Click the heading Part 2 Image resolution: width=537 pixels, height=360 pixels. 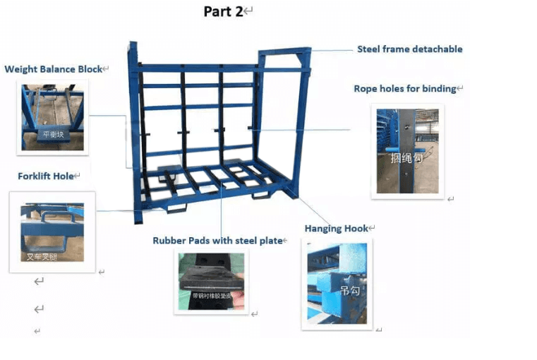223,11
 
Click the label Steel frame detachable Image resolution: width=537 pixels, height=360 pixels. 409,49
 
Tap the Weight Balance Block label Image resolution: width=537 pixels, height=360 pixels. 53,69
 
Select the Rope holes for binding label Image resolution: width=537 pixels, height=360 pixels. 404,89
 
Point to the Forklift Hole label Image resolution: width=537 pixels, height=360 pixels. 46,176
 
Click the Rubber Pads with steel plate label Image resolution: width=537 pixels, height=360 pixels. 217,241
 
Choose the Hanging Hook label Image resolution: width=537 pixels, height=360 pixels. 337,229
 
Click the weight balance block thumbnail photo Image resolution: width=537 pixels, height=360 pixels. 52,117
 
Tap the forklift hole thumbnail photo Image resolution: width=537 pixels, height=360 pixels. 52,232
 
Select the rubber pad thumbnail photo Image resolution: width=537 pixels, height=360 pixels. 212,280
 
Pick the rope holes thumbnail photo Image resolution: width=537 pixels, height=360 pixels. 408,150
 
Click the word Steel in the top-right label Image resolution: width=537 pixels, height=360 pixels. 368,49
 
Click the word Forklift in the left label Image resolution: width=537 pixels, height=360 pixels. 35,176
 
